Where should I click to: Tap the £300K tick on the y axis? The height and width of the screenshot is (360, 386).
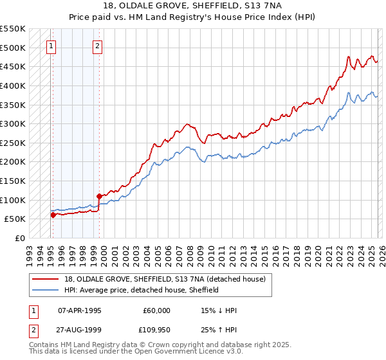[13, 123]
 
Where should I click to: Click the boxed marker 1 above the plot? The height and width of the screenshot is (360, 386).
[51, 46]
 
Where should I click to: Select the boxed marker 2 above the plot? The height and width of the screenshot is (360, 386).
[97, 46]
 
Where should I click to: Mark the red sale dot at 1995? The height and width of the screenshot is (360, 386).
[53, 215]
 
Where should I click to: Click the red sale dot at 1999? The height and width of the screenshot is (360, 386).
[99, 196]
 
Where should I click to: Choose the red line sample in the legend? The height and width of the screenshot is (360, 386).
[46, 278]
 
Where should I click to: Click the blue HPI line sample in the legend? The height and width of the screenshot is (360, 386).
[46, 290]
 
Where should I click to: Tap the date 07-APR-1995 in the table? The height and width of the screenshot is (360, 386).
[80, 310]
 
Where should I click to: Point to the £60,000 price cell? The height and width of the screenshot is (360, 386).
[156, 310]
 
